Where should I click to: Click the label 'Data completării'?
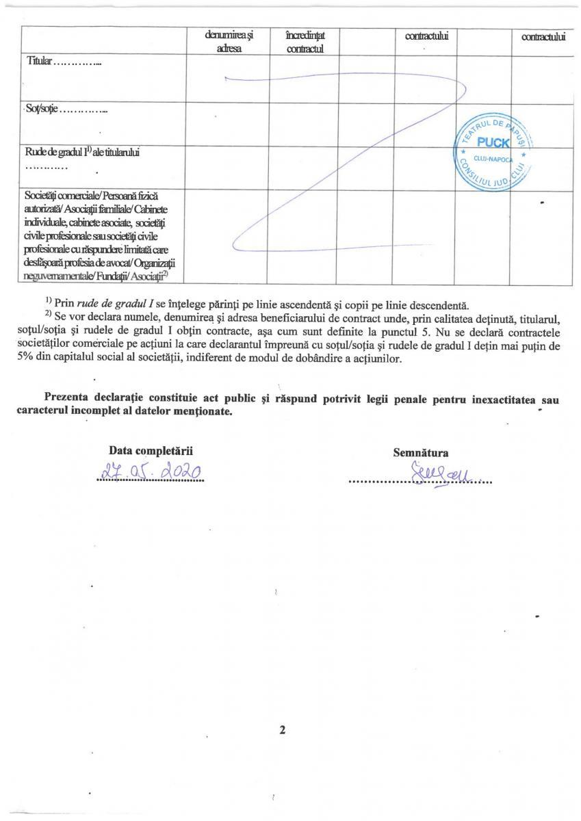(x=151, y=451)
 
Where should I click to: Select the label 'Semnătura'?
(x=420, y=452)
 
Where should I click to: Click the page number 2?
(x=281, y=730)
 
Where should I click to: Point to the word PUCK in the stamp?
(x=493, y=143)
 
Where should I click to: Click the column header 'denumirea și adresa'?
(x=228, y=42)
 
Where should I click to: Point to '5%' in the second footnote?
(x=25, y=359)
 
